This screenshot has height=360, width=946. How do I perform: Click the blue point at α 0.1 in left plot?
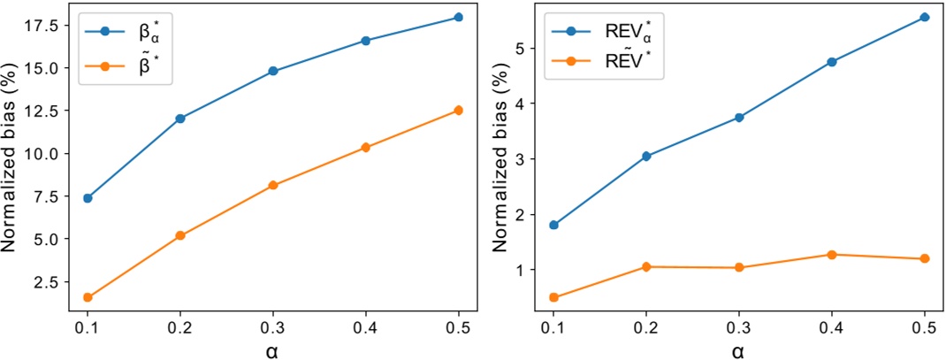[88, 198]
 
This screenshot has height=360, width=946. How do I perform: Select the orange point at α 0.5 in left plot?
[458, 111]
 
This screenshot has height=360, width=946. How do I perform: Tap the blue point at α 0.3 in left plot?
[273, 71]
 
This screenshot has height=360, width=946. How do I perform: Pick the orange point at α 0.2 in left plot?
[180, 235]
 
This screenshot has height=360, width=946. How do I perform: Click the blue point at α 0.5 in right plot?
[924, 17]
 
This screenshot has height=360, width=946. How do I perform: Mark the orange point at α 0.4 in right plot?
[831, 255]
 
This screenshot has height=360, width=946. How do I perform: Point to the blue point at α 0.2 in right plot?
[646, 156]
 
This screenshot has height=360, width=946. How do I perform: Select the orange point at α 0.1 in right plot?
[553, 297]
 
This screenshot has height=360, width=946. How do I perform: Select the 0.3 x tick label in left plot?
[273, 326]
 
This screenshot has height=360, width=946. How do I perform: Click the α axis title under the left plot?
[273, 349]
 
